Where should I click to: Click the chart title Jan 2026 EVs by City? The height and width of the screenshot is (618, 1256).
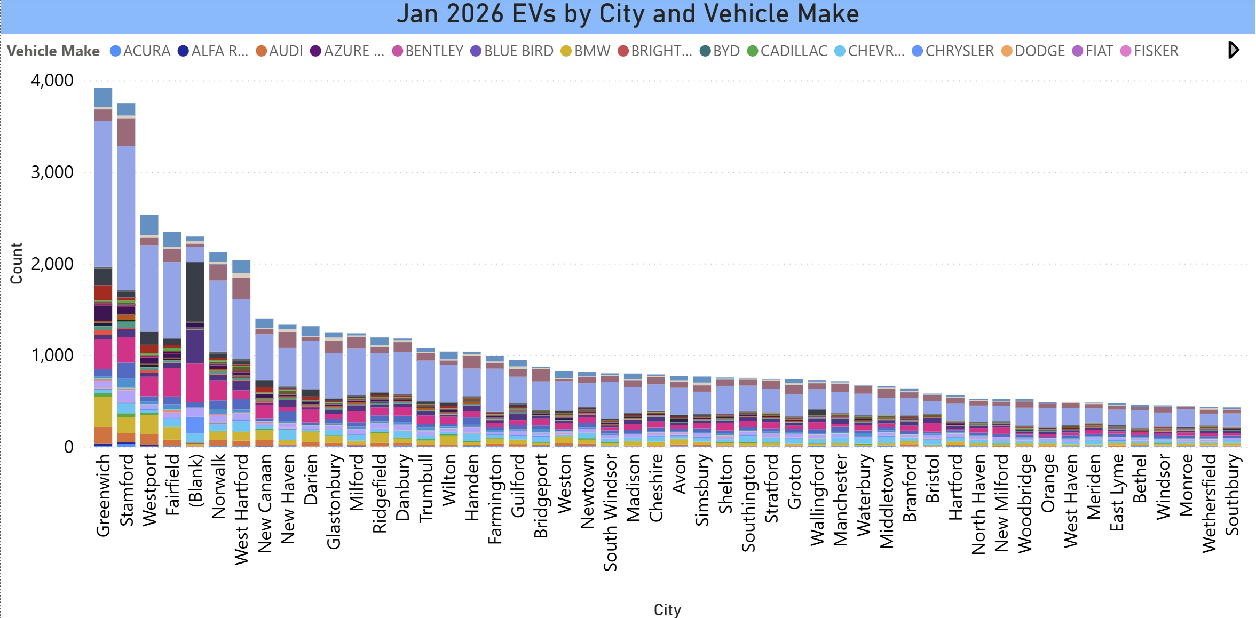[x=628, y=14]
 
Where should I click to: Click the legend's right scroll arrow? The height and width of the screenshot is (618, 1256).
[x=1233, y=50]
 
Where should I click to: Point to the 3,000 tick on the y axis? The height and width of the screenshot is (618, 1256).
[x=52, y=172]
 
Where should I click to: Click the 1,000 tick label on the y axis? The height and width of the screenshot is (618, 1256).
[x=52, y=355]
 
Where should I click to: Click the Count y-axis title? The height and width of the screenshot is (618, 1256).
[x=17, y=264]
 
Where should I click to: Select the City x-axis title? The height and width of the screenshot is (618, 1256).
[x=667, y=609]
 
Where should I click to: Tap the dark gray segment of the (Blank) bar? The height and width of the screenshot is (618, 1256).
[x=195, y=291]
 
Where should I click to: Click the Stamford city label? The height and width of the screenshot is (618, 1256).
[x=127, y=490]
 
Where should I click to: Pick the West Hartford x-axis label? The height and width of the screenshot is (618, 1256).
[x=241, y=509]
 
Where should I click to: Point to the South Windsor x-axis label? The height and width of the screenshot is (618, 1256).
[x=610, y=512]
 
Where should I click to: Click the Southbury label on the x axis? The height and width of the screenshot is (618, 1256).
[x=1231, y=495]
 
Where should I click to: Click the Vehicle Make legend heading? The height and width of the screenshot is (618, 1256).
[x=53, y=51]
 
